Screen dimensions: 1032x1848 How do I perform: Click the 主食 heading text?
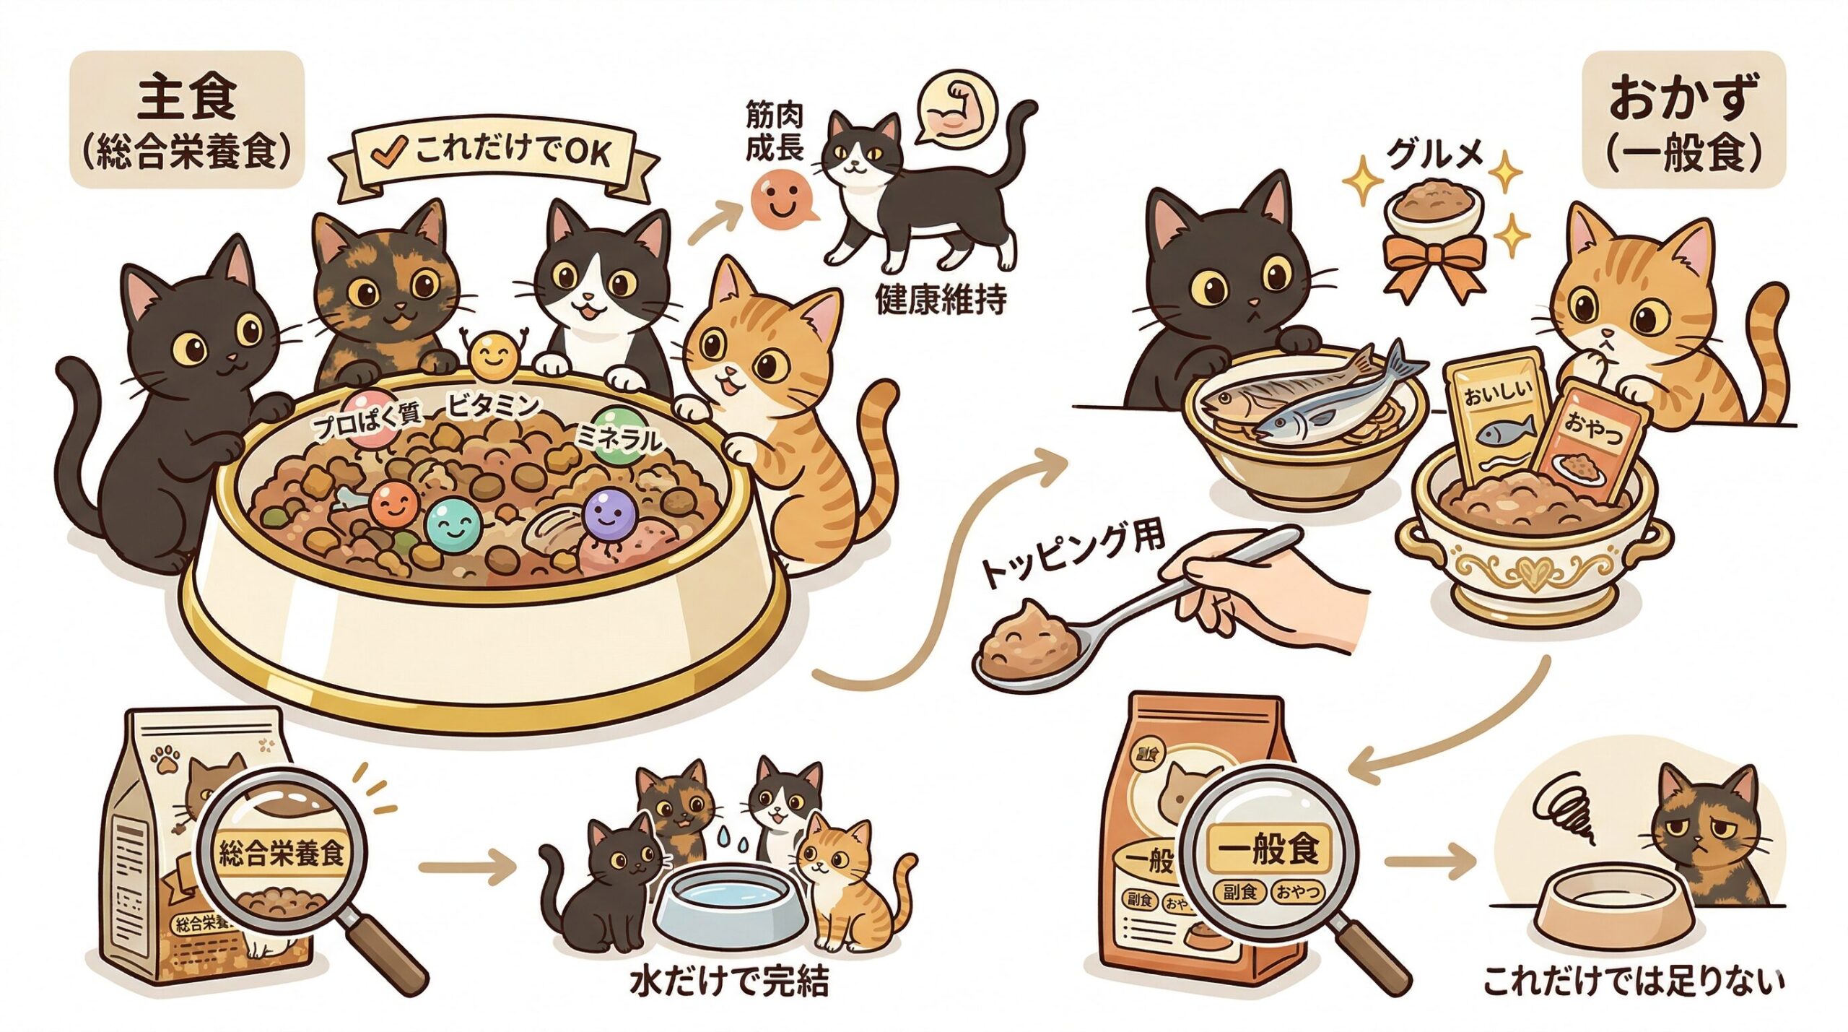(186, 99)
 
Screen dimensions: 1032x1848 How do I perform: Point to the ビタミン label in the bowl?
(492, 407)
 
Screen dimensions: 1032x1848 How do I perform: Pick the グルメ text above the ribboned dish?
(1437, 156)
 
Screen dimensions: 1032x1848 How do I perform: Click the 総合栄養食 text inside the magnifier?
(281, 853)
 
